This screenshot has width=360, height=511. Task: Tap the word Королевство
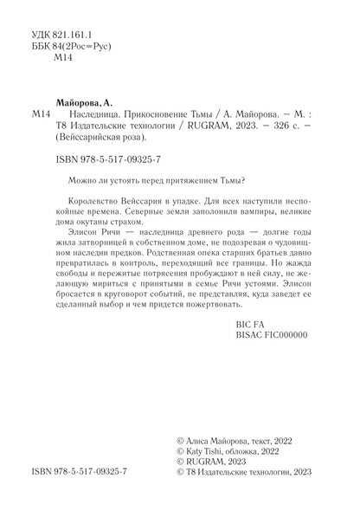coord(95,204)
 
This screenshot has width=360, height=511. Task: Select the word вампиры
coord(248,217)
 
